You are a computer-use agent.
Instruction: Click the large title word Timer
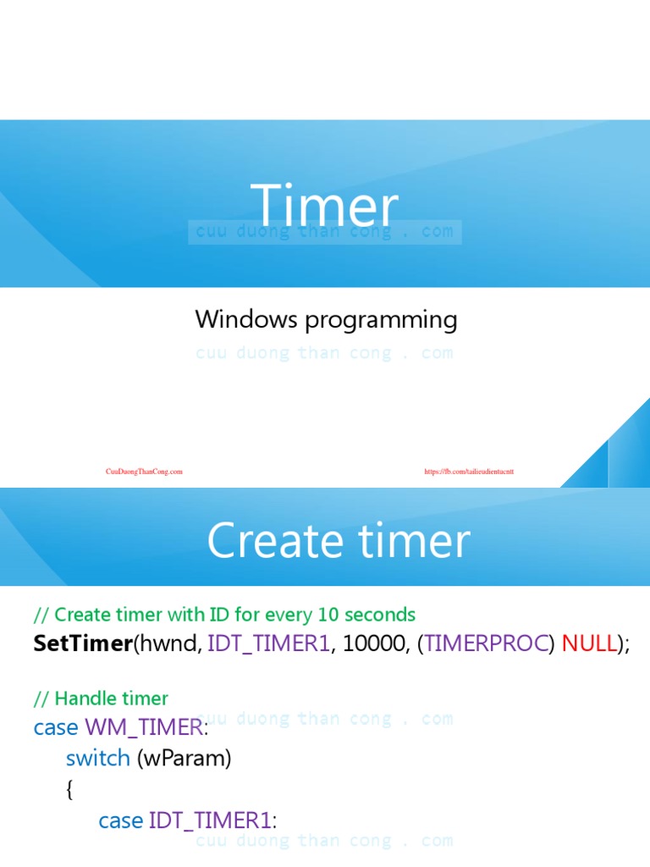pos(324,207)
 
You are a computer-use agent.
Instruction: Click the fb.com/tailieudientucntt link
pos(469,472)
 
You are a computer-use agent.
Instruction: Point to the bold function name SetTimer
pos(83,643)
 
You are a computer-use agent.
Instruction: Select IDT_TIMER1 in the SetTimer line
pos(268,643)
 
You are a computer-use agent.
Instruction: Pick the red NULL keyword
pos(589,643)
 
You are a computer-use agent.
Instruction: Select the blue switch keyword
pos(97,758)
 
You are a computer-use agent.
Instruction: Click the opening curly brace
pos(69,789)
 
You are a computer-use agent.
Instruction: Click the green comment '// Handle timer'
pos(101,699)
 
